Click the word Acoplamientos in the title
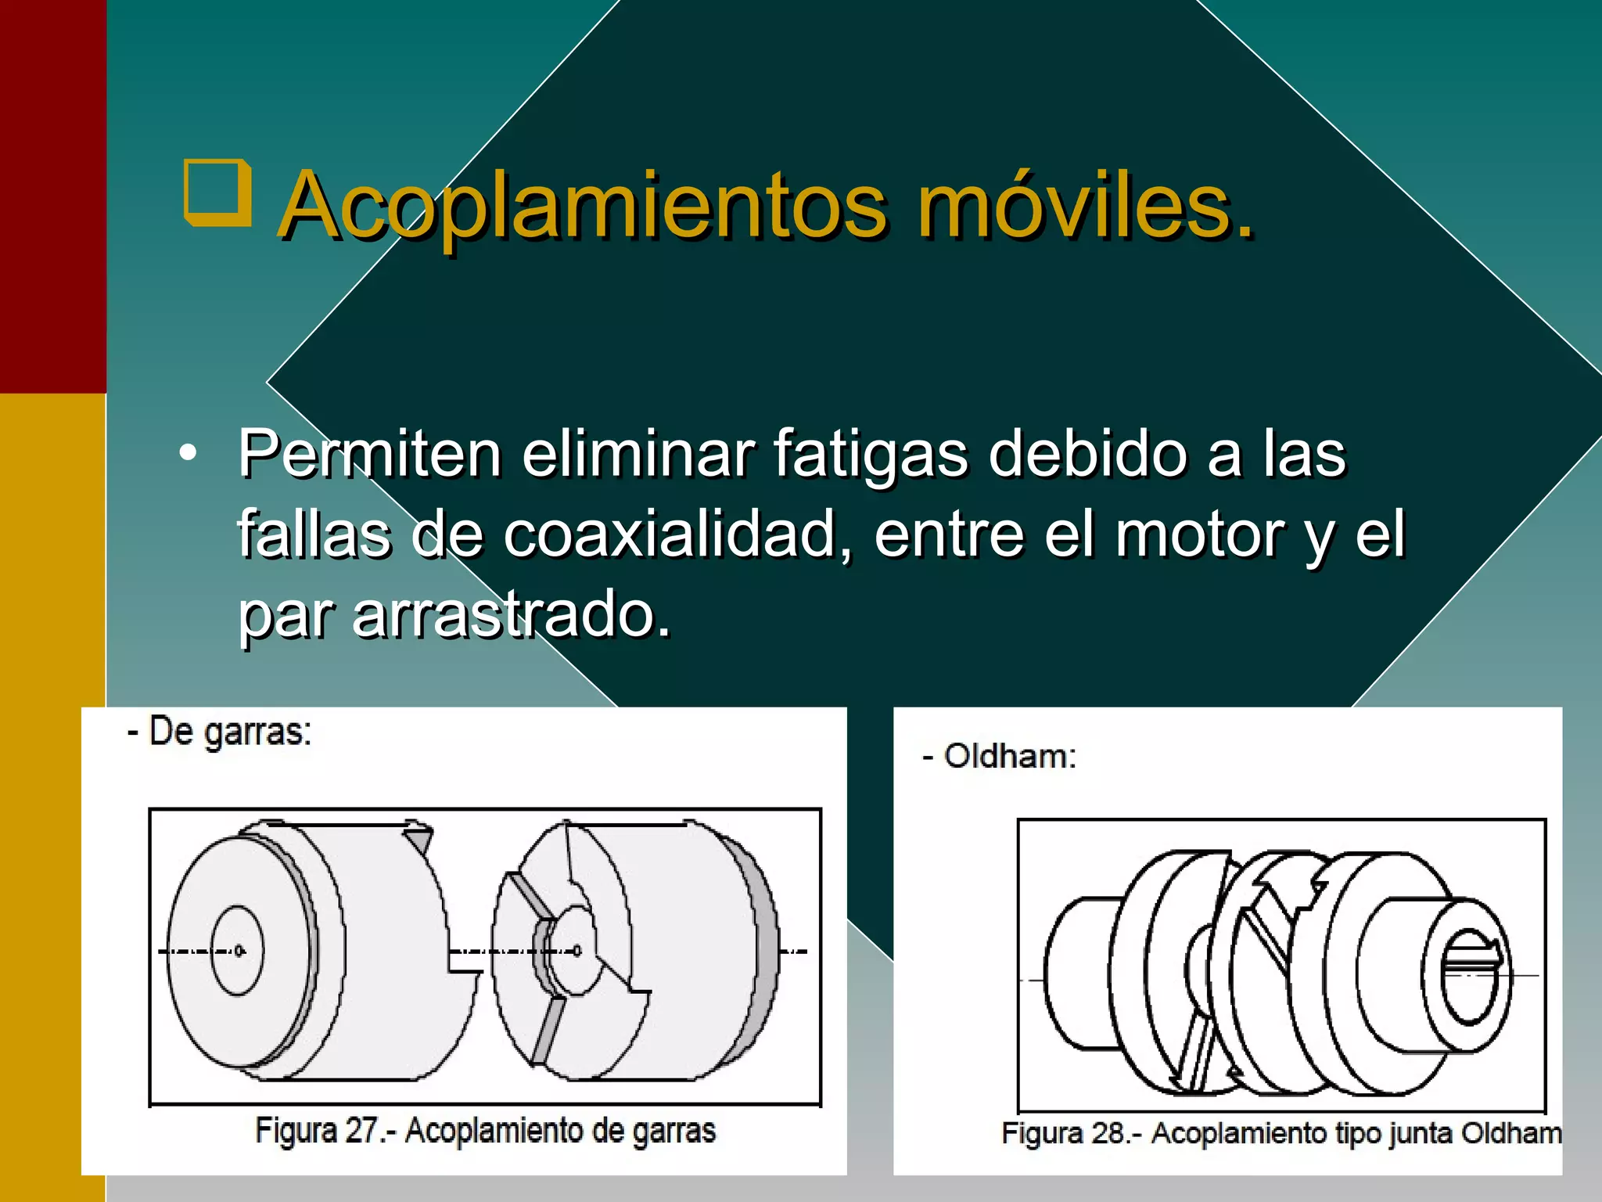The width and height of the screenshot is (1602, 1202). [x=583, y=205]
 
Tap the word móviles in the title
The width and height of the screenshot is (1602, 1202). [x=1085, y=205]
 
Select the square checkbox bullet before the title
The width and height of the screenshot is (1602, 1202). [x=217, y=193]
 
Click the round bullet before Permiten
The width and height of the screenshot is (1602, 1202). [x=188, y=453]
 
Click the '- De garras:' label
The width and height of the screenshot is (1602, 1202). [x=220, y=732]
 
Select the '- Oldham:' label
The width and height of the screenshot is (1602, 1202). [x=999, y=756]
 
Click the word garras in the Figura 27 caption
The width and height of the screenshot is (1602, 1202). [x=673, y=1131]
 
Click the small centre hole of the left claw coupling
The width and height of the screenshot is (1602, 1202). [x=238, y=951]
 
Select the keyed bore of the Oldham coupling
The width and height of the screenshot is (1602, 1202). [x=1471, y=975]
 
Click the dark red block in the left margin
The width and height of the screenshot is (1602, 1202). [x=52, y=196]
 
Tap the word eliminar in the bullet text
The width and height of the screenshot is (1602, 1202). [x=637, y=453]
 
